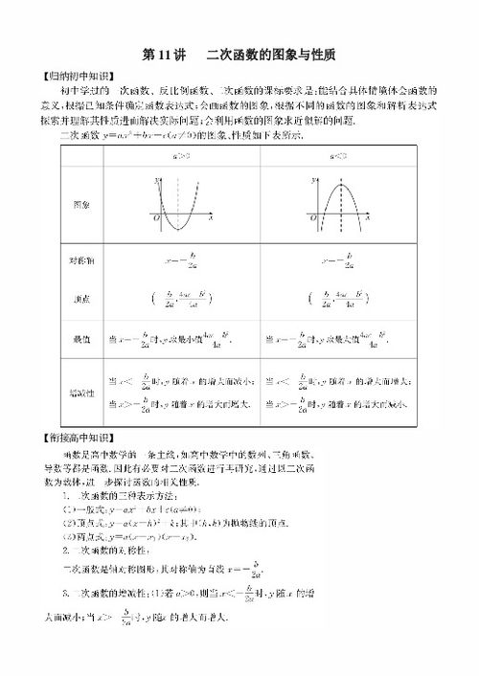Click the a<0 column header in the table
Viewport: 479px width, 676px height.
pyautogui.click(x=334, y=153)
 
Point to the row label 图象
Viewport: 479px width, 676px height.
pyautogui.click(x=80, y=205)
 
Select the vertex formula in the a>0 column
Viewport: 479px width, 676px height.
pyautogui.click(x=181, y=299)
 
